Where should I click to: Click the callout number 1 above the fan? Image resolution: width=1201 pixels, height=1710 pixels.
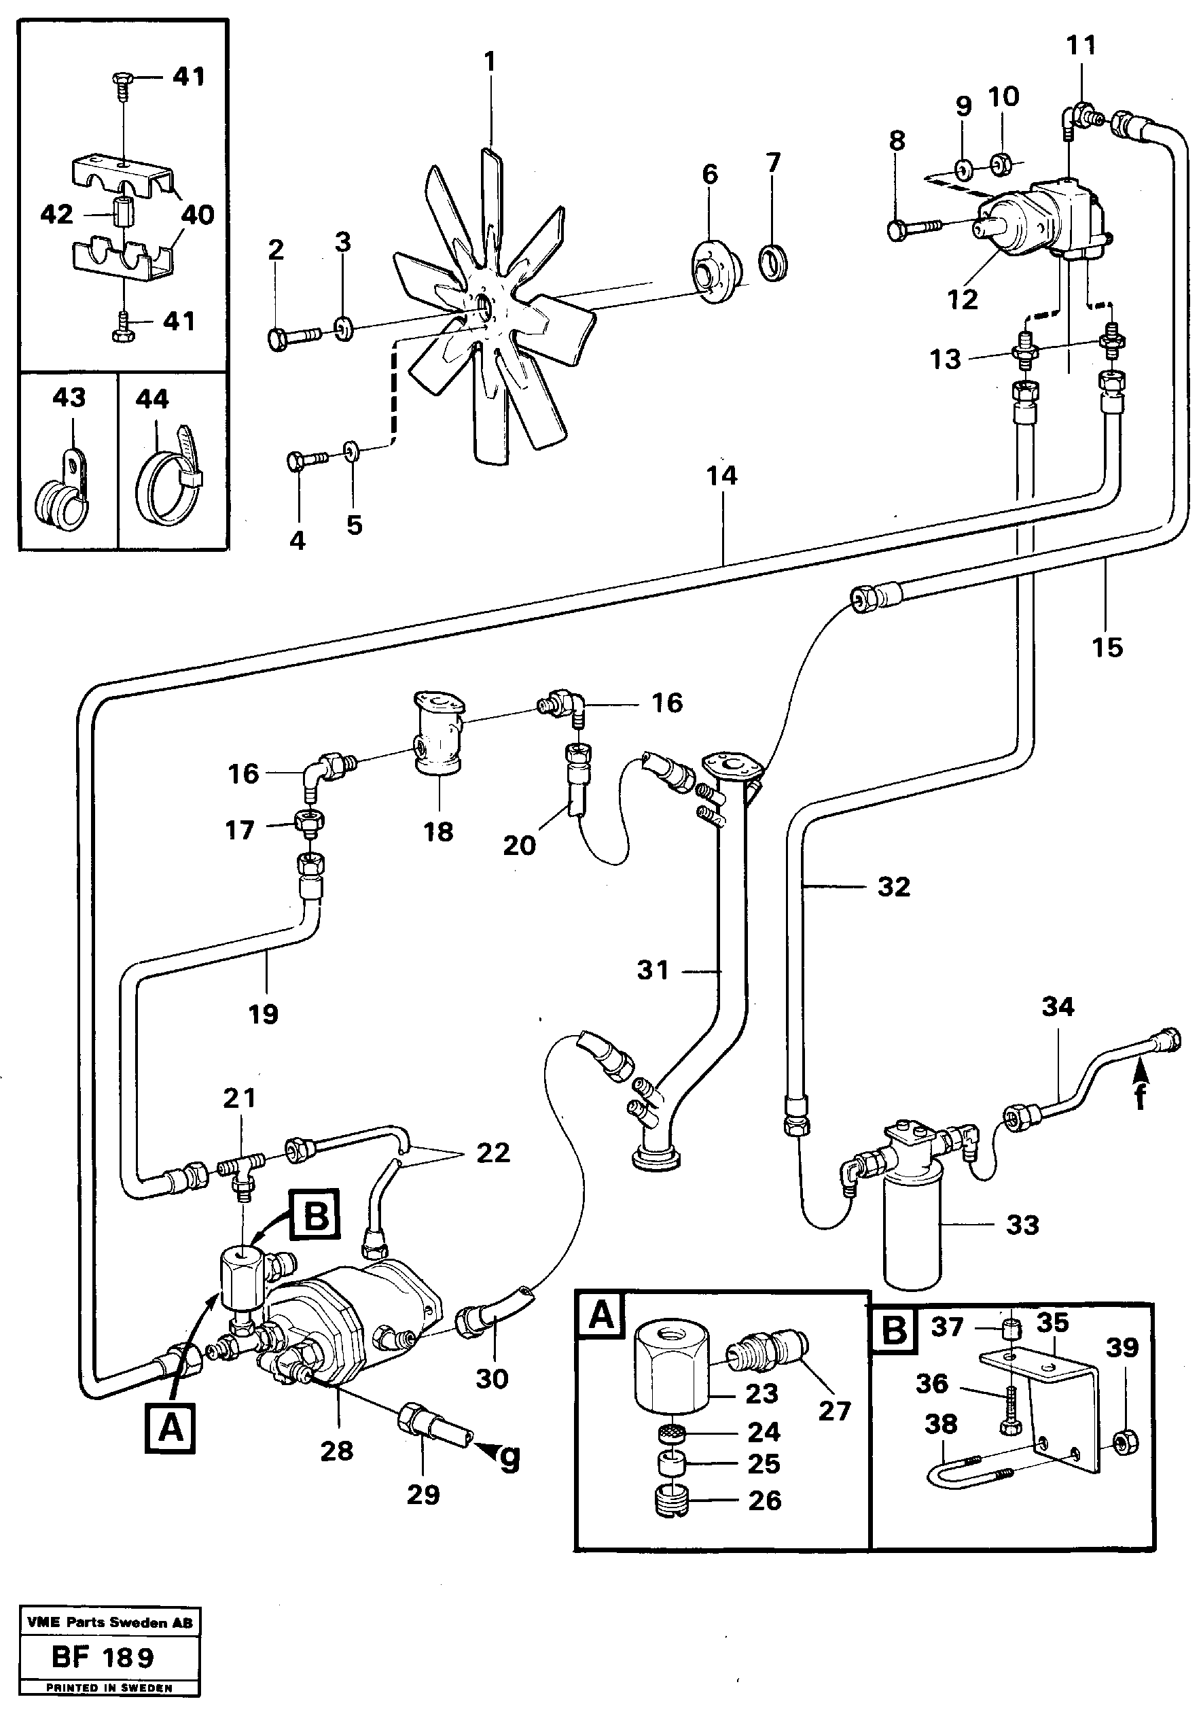(x=489, y=61)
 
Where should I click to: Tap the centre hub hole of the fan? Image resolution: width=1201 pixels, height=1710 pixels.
(x=486, y=304)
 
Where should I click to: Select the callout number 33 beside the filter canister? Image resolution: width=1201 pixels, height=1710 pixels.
(x=1022, y=1225)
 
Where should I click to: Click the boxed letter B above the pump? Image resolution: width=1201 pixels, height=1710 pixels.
(x=316, y=1216)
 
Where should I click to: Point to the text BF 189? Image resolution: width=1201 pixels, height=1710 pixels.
(x=103, y=1657)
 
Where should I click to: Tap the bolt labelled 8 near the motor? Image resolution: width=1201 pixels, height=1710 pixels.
(x=914, y=228)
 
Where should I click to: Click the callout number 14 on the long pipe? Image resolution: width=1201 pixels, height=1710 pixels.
(x=721, y=475)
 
